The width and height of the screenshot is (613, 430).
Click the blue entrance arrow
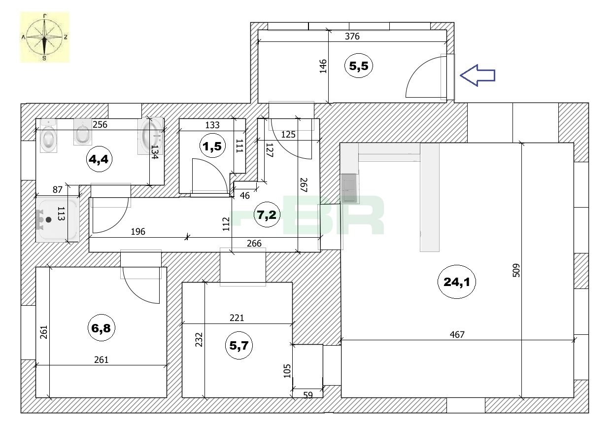477,75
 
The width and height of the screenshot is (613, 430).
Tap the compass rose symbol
45,37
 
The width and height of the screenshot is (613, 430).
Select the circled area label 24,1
456,282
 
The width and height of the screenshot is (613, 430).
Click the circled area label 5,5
359,66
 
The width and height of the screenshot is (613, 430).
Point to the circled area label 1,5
212,146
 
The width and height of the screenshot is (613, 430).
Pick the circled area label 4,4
99,159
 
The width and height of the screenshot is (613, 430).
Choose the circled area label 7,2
267,215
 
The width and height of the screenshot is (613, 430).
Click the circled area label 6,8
101,327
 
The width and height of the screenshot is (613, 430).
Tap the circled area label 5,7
238,345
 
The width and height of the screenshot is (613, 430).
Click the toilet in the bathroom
48,136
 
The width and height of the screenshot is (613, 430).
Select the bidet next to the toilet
83,132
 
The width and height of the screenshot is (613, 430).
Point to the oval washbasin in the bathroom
150,136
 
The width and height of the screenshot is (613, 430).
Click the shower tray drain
49,219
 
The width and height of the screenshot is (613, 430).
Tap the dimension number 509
516,270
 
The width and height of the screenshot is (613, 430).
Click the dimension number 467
457,334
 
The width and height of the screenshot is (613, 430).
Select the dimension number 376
352,36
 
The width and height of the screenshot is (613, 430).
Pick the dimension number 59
308,395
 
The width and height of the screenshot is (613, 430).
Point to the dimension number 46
244,196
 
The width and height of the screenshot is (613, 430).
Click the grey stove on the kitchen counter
350,188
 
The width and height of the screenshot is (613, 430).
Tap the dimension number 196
138,232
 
